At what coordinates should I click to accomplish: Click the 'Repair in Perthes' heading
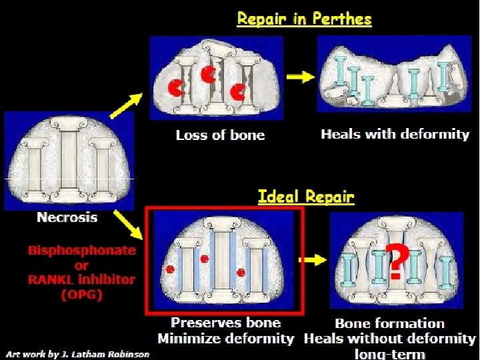click(x=304, y=19)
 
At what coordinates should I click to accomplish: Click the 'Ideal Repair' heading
click(x=306, y=197)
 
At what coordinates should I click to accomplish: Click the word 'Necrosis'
click(x=67, y=217)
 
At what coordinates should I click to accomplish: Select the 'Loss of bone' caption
click(x=220, y=135)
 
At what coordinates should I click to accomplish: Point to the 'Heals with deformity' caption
click(x=395, y=134)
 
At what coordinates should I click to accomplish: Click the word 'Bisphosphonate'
click(x=81, y=251)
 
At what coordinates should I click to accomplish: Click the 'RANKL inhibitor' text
click(x=81, y=279)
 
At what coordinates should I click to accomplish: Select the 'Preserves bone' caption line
click(x=226, y=323)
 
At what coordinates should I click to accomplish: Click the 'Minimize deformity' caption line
click(x=225, y=339)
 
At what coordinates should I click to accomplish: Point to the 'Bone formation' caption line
click(x=389, y=324)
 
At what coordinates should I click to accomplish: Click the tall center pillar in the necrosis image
click(x=69, y=159)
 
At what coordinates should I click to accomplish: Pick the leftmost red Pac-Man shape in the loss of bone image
click(x=176, y=87)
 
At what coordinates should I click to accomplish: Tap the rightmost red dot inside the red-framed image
click(x=242, y=272)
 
